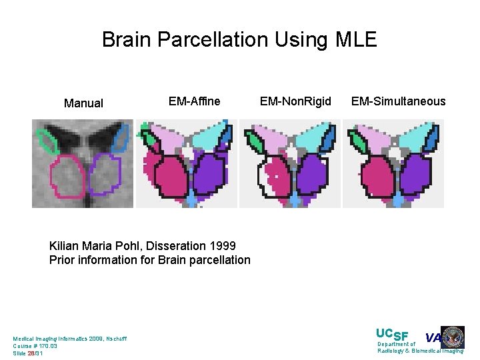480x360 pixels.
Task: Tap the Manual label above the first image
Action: coord(83,103)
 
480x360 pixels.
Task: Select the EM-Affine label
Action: coord(194,101)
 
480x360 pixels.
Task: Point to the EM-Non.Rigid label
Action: coord(295,101)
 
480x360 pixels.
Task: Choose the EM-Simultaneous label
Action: coord(398,101)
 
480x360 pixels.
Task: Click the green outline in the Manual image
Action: coord(46,141)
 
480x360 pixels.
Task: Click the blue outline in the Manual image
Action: coord(121,139)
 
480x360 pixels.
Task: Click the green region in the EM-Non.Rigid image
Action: coord(254,142)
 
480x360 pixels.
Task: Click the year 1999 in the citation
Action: coord(222,246)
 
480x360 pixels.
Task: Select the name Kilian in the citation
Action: coord(64,246)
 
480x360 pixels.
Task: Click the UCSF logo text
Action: coord(392,335)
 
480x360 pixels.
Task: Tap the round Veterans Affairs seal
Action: coord(453,337)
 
